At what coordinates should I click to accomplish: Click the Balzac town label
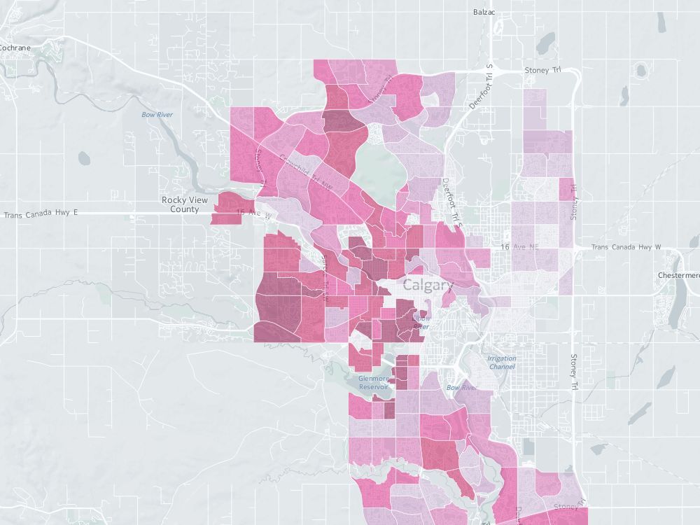[484, 13]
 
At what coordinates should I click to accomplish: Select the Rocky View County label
[179, 204]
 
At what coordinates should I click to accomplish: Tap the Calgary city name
[428, 286]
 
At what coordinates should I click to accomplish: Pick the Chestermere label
[679, 275]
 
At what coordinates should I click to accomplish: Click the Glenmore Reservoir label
[373, 382]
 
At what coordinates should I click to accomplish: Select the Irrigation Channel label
[501, 362]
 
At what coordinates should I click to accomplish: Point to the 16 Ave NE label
[519, 248]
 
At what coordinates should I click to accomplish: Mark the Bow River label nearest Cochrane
[157, 114]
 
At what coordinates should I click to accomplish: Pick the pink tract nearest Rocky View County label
[226, 210]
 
